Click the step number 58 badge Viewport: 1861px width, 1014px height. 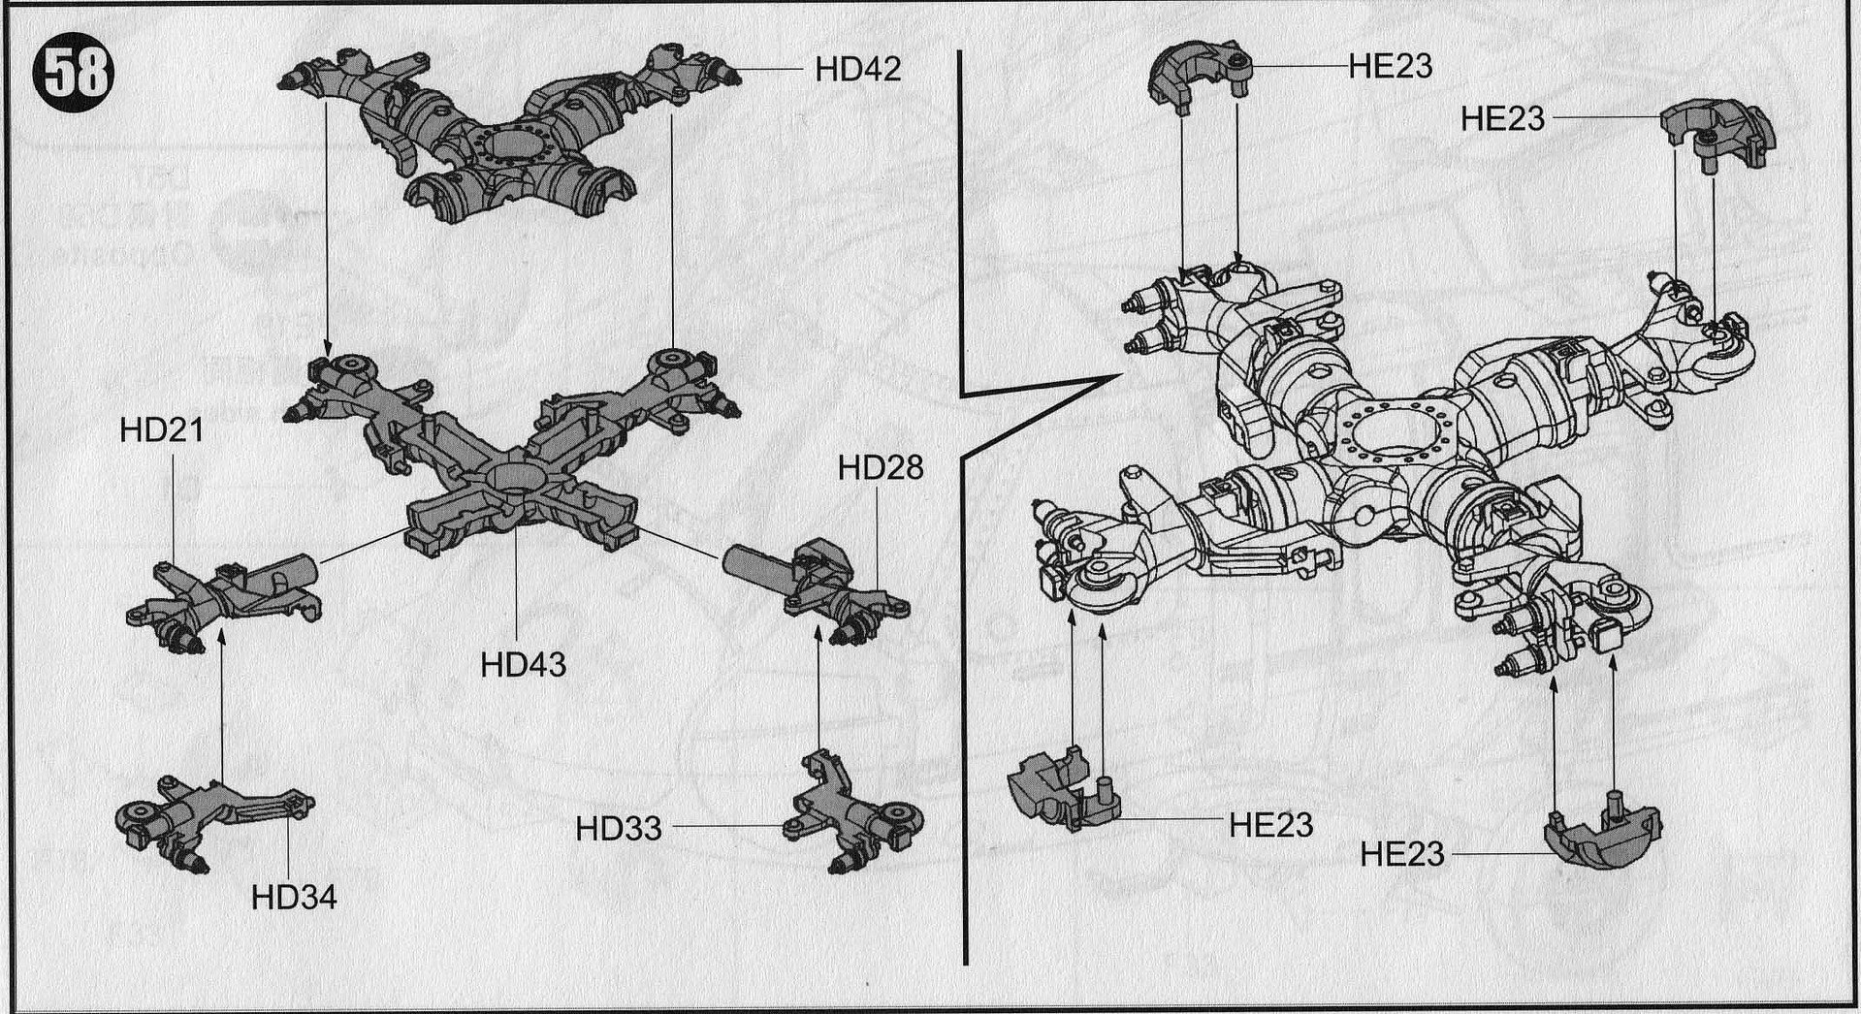click(74, 72)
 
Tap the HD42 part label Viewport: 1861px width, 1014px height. click(857, 69)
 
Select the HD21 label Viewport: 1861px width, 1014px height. click(161, 430)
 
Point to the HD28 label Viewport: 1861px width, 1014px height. click(881, 468)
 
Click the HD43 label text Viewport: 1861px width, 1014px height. click(523, 665)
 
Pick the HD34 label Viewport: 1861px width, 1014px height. click(294, 898)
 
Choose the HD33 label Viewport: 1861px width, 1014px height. click(619, 829)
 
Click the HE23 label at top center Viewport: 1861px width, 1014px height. click(1390, 66)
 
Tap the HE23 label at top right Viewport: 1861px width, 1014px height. click(1502, 118)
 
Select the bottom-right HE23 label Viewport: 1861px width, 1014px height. click(1402, 854)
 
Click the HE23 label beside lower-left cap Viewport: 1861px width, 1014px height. click(1270, 825)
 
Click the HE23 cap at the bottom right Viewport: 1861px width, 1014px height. click(1602, 835)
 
